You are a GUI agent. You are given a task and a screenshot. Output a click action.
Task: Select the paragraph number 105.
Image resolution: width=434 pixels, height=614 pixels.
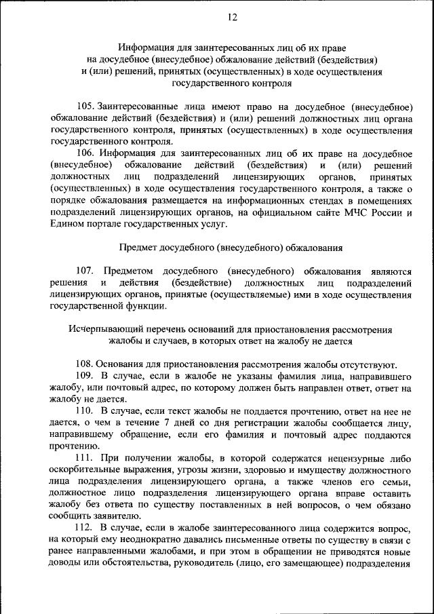point(86,107)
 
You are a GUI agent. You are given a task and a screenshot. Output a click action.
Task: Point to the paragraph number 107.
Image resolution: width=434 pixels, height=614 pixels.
point(86,270)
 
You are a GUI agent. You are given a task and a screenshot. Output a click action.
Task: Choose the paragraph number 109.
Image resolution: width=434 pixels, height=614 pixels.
point(84,376)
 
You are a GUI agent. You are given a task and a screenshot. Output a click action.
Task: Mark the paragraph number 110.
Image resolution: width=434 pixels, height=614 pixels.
point(84,411)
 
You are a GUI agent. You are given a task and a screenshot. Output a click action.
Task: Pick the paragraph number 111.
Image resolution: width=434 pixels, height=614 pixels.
point(84,458)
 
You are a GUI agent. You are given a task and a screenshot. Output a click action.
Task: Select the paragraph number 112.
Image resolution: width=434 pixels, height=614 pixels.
point(84,527)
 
